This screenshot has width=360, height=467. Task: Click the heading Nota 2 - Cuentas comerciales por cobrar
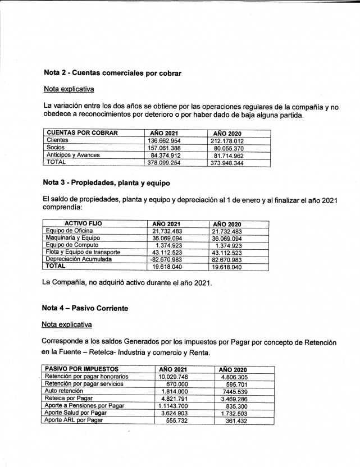(x=112, y=73)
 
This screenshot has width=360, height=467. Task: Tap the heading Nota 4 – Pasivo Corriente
(x=85, y=308)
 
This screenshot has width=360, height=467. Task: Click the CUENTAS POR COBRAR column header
(x=82, y=132)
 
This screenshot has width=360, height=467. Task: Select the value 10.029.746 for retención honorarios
(x=177, y=376)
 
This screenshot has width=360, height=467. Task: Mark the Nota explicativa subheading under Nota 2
(x=69, y=89)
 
